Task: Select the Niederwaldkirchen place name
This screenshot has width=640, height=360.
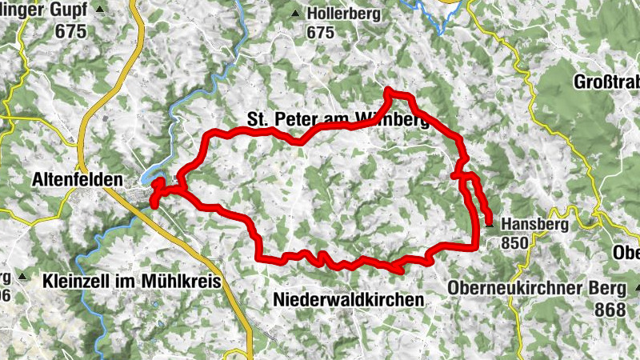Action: coord(348,298)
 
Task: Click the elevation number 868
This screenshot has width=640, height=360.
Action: coord(608,308)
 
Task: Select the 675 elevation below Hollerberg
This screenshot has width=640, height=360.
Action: coord(320,33)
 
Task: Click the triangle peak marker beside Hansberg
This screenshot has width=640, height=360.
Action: coord(490,226)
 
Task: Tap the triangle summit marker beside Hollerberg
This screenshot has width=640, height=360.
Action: coord(296,14)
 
